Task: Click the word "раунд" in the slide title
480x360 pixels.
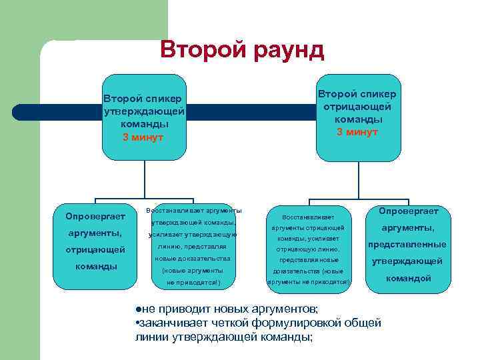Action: click(286, 50)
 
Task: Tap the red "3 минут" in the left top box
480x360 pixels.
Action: click(143, 137)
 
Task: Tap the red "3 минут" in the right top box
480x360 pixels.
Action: click(357, 132)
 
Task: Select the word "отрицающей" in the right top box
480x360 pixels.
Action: click(357, 107)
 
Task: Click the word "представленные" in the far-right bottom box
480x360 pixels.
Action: click(407, 245)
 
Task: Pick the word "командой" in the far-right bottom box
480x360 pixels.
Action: click(407, 278)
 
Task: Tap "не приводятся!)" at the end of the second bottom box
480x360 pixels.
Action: click(193, 283)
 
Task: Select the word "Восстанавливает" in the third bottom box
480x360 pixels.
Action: click(308, 217)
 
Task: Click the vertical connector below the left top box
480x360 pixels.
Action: click(145, 180)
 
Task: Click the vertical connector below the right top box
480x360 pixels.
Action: click(357, 180)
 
